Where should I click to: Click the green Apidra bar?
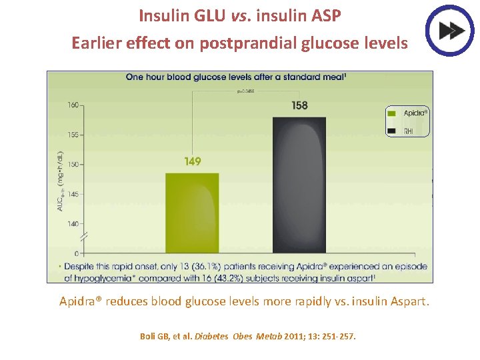(193, 213)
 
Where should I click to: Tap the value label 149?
(193, 161)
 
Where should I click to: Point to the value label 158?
(299, 105)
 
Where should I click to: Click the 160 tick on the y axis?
(73, 105)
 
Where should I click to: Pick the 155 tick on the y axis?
(73, 135)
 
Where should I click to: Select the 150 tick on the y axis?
(73, 164)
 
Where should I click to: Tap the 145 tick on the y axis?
(73, 194)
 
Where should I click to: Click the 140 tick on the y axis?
(73, 223)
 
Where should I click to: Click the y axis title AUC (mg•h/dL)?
(60, 181)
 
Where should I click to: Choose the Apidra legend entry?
(408, 113)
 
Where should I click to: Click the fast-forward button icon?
(449, 30)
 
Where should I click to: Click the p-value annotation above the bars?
(246, 91)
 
